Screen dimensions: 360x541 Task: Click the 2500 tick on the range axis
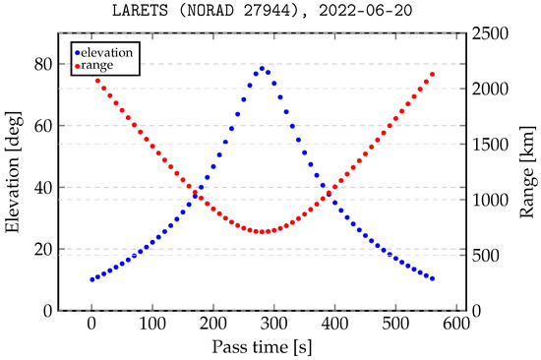click(490, 33)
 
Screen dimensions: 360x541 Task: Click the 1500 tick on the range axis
click(490, 145)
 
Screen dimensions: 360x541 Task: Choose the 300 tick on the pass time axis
click(273, 322)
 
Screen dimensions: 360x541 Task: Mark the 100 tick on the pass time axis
click(151, 322)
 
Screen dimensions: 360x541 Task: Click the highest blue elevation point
click(262, 68)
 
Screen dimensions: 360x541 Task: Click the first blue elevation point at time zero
click(91, 279)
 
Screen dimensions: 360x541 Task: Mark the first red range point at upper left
click(97, 80)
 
